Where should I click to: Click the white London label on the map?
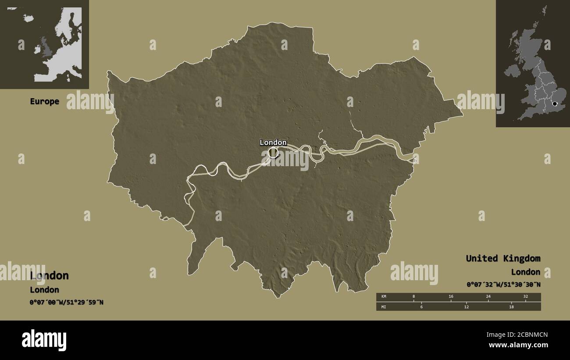coord(273,143)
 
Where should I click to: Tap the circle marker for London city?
coord(273,153)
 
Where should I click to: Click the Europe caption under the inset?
coord(44,101)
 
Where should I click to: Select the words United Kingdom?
coord(503,258)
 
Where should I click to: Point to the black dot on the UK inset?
coord(555,104)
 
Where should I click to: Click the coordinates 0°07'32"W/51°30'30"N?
coord(503,285)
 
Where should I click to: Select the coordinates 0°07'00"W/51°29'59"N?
coord(66,302)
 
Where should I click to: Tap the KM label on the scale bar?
coord(384,297)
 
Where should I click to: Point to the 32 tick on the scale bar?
coord(525,297)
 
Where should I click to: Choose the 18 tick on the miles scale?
coord(511,307)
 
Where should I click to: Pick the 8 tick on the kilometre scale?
coord(413,297)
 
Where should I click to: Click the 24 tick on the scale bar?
coord(488,297)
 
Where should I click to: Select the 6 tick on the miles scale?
coord(421,307)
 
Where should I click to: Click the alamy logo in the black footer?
coord(44,340)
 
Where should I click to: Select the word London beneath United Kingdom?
coord(525,272)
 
